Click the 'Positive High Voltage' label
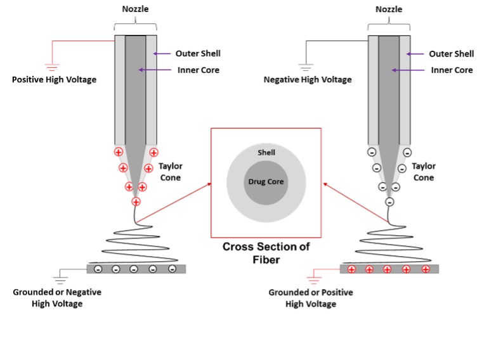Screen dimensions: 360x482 pyautogui.click(x=54, y=80)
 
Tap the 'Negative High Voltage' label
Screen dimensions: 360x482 pyautogui.click(x=308, y=80)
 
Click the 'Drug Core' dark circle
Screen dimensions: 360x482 pyautogui.click(x=266, y=182)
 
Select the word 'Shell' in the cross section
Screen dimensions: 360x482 pyautogui.click(x=266, y=153)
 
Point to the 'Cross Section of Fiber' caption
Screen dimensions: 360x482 pyautogui.click(x=266, y=252)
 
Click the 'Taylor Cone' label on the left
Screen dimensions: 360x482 pyautogui.click(x=170, y=171)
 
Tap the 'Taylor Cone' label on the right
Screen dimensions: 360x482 pyautogui.click(x=424, y=171)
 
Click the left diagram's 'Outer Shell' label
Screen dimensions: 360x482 pyautogui.click(x=199, y=53)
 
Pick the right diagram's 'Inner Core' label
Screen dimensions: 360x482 pyautogui.click(x=452, y=70)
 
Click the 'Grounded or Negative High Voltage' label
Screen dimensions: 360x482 pyautogui.click(x=57, y=298)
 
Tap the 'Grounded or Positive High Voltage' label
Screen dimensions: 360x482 pyautogui.click(x=311, y=298)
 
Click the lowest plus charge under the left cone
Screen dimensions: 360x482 pyautogui.click(x=136, y=202)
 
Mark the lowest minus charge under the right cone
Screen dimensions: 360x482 pyautogui.click(x=389, y=202)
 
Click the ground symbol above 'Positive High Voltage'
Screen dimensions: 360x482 pyautogui.click(x=53, y=65)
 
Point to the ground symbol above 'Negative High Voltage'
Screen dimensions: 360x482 pyautogui.click(x=306, y=65)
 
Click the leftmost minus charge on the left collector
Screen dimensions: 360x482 pyautogui.click(x=98, y=269)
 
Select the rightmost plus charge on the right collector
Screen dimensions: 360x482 pyautogui.click(x=426, y=269)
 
